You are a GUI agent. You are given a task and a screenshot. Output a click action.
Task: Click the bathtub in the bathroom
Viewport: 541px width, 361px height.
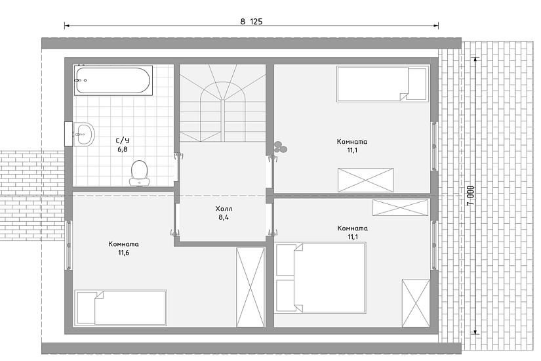[x=113, y=80]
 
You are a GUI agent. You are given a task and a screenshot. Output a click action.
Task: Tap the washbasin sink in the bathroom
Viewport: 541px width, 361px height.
[x=83, y=134]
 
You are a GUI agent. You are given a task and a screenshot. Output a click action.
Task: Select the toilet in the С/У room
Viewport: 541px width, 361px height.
[x=140, y=173]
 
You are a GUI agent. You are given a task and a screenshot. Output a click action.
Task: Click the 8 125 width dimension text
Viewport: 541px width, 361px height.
[x=251, y=22]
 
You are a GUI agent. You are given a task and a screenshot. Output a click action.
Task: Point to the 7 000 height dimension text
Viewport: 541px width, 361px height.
[x=471, y=196]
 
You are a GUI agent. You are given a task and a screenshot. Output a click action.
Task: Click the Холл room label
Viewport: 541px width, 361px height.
[x=224, y=209]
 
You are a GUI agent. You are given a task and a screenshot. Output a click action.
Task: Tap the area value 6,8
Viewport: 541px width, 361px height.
[x=123, y=149]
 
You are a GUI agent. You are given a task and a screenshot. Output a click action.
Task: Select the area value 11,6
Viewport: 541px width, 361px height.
[x=123, y=253]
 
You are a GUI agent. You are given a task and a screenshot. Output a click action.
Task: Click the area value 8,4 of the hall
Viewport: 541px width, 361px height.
[x=224, y=217]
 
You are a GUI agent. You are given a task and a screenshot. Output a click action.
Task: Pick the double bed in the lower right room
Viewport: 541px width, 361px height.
[x=321, y=278]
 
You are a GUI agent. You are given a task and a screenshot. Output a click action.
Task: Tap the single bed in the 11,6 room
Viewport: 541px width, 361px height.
[x=121, y=307]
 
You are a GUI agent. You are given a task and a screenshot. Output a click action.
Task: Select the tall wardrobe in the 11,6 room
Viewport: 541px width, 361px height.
[x=250, y=287]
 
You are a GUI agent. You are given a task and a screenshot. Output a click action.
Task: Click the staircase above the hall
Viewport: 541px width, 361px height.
[x=223, y=103]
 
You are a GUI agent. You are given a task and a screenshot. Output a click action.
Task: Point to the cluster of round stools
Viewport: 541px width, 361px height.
[x=280, y=147]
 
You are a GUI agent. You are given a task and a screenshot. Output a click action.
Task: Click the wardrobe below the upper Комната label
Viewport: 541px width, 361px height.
[x=365, y=180]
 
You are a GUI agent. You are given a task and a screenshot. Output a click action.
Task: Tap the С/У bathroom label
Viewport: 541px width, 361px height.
[x=123, y=140]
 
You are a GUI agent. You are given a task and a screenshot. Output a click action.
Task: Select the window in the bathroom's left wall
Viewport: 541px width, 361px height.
[x=68, y=134]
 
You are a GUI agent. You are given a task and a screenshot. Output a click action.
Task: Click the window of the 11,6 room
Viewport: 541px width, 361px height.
[x=69, y=245]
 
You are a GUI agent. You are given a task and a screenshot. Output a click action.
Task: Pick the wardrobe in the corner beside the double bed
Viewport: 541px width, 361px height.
[x=416, y=303]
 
